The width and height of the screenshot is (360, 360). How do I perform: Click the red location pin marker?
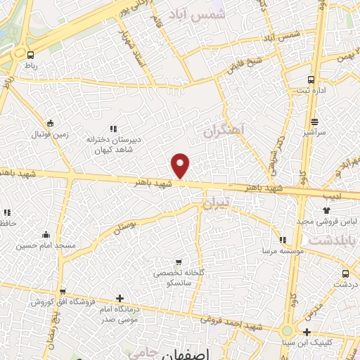[x=181, y=165]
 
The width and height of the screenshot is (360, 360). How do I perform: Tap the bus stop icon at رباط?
[x=30, y=53]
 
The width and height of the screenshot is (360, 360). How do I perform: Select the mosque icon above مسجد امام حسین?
[x=46, y=235]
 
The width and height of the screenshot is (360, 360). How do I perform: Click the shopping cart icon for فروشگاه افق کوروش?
[x=63, y=292]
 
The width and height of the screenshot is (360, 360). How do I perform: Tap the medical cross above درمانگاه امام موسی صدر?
[x=120, y=299]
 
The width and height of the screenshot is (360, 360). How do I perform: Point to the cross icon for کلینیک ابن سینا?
[x=306, y=332]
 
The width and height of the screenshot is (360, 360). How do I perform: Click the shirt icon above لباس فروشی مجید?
[x=327, y=210]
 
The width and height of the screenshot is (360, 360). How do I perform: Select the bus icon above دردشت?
[x=345, y=274]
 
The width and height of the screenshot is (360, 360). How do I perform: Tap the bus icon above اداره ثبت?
[x=311, y=79]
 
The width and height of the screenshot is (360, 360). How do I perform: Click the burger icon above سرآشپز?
[x=314, y=121]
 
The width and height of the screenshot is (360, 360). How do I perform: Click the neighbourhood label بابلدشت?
[x=333, y=240]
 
